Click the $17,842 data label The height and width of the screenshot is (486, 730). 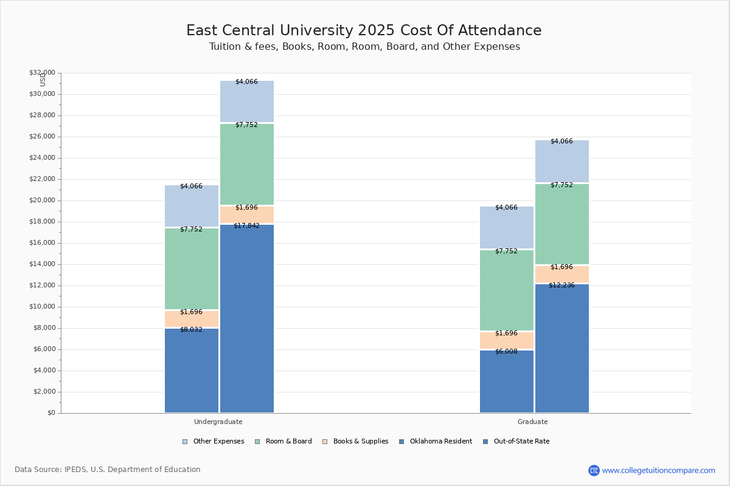pyautogui.click(x=246, y=225)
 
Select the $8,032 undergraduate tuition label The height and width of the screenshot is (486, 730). pyautogui.click(x=191, y=329)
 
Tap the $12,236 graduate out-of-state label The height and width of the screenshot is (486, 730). pyautogui.click(x=561, y=285)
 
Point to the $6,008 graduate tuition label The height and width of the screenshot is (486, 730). pyautogui.click(x=506, y=351)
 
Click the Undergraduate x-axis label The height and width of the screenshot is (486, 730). pyautogui.click(x=218, y=422)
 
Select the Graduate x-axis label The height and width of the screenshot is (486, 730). pyautogui.click(x=532, y=422)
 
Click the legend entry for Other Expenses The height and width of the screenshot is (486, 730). pyautogui.click(x=213, y=442)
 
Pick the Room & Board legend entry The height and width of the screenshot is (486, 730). pyautogui.click(x=283, y=442)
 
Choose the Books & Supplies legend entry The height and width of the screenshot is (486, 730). pyautogui.click(x=355, y=442)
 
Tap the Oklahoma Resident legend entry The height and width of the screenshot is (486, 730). pyautogui.click(x=436, y=442)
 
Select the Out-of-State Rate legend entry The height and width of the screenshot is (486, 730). pyautogui.click(x=516, y=442)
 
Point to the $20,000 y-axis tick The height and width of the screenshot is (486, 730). pyautogui.click(x=43, y=200)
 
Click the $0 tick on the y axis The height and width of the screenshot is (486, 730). pyautogui.click(x=52, y=412)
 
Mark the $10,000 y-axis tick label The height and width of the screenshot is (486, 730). pyautogui.click(x=43, y=307)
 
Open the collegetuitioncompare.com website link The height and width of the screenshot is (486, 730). pyautogui.click(x=658, y=470)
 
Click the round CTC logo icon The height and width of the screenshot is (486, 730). pyautogui.click(x=594, y=470)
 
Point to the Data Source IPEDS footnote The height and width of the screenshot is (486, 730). pyautogui.click(x=108, y=470)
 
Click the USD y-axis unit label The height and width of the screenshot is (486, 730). pyautogui.click(x=43, y=80)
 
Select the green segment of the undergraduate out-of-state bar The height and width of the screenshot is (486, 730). pyautogui.click(x=247, y=165)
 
